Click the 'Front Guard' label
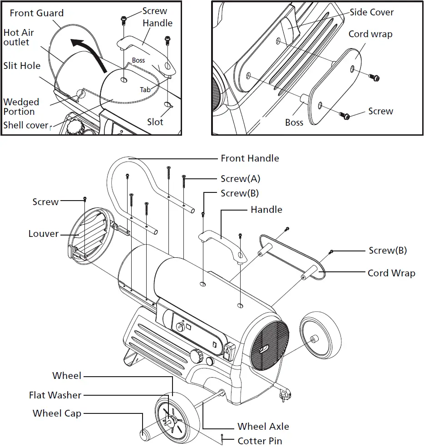click(37, 13)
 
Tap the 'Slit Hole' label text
click(22, 66)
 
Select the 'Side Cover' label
click(371, 12)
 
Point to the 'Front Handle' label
click(250, 158)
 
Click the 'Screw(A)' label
click(240, 178)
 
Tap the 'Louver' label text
click(44, 234)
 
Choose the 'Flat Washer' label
click(55, 395)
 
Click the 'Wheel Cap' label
click(57, 413)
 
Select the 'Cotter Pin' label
click(260, 441)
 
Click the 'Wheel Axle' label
click(263, 426)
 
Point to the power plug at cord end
click(285, 395)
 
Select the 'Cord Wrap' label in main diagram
click(391, 273)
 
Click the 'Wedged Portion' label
click(21, 107)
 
